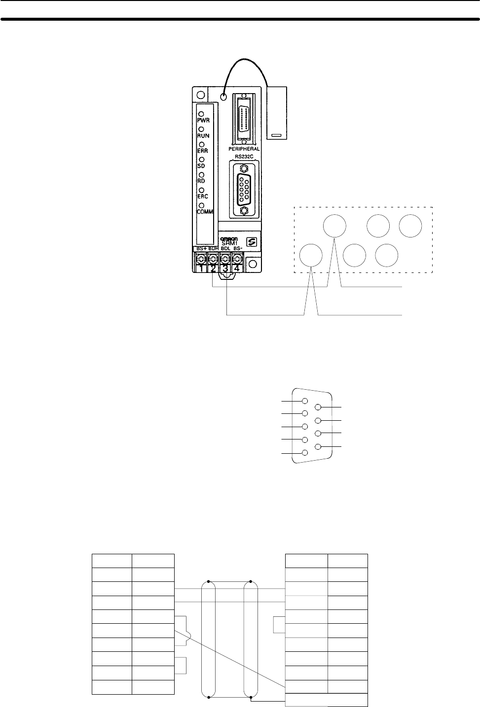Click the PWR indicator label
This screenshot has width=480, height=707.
point(204,120)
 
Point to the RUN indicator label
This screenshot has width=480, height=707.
point(203,135)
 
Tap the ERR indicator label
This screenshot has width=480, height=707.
point(203,151)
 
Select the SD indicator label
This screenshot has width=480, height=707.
point(201,166)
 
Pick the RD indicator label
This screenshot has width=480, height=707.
point(201,181)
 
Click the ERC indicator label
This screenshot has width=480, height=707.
point(203,196)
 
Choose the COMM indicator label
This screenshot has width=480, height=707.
point(205,211)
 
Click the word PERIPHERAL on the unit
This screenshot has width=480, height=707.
point(244,148)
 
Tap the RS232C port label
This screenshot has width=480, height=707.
point(244,157)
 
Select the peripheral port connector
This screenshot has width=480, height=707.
point(244,119)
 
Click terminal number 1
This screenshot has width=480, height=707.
point(201,268)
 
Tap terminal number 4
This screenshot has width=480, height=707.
point(237,268)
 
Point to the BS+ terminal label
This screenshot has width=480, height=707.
point(201,249)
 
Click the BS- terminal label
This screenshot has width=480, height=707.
point(237,249)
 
